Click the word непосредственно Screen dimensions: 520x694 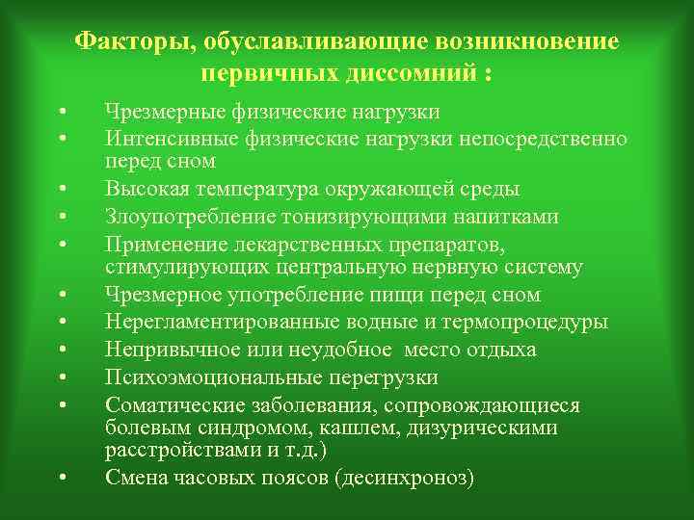pos(545,139)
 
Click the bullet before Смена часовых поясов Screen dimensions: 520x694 pos(61,479)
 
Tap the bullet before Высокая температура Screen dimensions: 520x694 pos(61,188)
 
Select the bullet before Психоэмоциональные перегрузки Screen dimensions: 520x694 pos(61,377)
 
